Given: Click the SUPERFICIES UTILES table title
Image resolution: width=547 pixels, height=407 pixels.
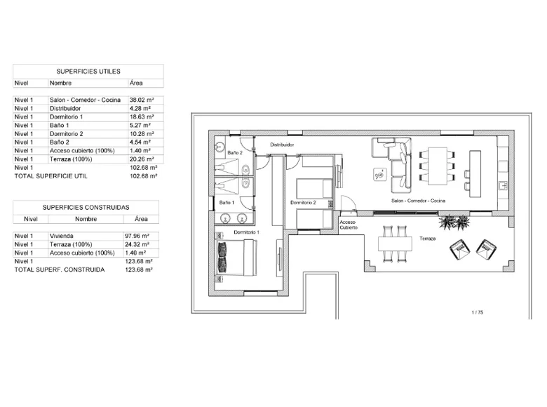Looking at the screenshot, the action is [88, 72].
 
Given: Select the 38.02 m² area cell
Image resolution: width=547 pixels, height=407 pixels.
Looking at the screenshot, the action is [142, 100].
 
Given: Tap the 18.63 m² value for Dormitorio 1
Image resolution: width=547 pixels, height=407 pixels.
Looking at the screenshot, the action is [142, 117].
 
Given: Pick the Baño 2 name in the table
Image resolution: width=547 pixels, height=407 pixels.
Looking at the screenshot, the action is [60, 142].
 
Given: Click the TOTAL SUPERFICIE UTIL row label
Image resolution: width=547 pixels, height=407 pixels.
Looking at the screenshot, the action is [51, 176].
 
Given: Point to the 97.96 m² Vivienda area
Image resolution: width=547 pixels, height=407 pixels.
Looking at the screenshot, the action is [137, 236].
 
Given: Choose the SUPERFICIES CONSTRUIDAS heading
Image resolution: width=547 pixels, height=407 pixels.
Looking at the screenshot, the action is [86, 207].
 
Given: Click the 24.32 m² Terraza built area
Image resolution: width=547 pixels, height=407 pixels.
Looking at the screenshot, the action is [137, 244].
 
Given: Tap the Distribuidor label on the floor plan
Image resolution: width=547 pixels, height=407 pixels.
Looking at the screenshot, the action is [282, 145].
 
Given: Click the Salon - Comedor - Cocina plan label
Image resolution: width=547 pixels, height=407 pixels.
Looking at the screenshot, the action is [418, 201].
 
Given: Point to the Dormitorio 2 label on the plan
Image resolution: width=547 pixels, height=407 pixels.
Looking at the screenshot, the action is [303, 203].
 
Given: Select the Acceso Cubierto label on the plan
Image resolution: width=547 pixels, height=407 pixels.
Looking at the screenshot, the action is [349, 225].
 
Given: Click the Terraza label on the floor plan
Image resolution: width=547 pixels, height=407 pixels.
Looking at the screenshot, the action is [427, 239].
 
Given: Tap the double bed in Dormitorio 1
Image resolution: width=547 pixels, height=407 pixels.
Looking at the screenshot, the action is [237, 258].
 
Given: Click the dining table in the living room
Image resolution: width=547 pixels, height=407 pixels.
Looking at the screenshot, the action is [438, 166].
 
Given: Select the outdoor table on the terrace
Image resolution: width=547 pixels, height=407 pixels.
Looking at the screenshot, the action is [396, 244].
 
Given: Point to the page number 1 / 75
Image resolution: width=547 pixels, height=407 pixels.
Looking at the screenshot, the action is [478, 312].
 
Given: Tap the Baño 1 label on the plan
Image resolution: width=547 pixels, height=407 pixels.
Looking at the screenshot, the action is [227, 203].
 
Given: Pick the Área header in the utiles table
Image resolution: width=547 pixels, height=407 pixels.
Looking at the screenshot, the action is [136, 83].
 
